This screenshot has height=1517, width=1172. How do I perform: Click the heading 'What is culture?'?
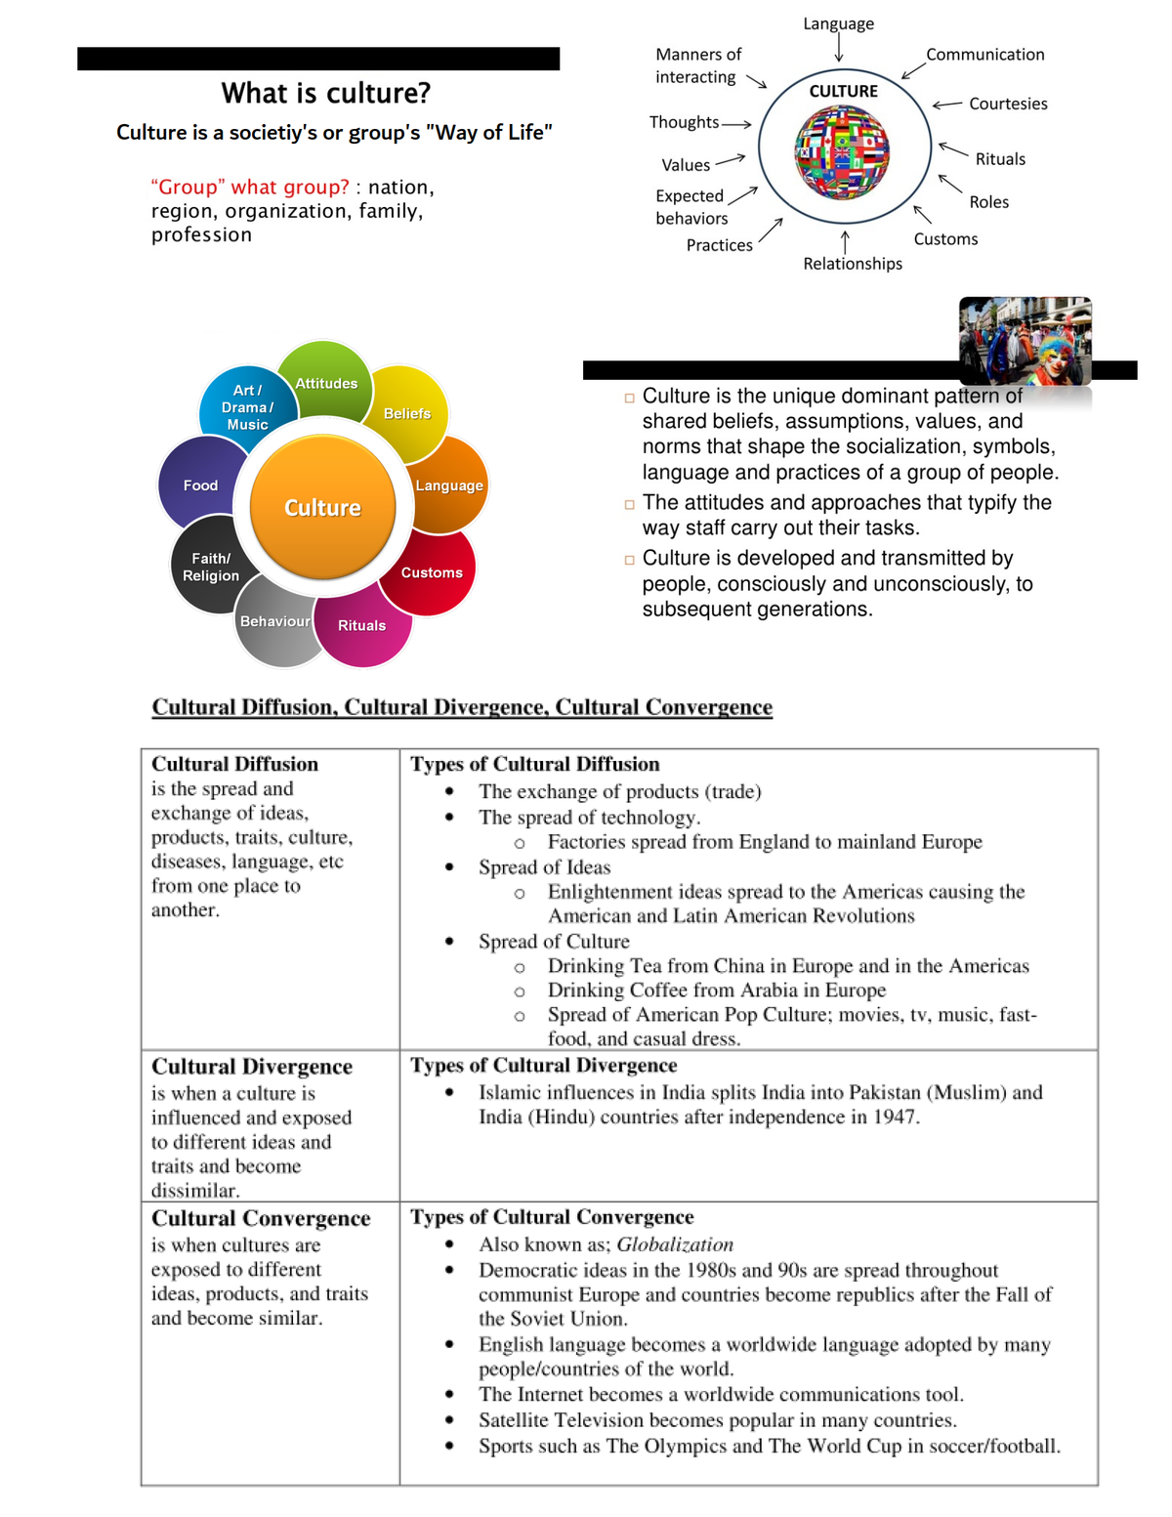pos(326,94)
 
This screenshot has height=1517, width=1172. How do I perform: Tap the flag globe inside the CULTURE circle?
pos(843,151)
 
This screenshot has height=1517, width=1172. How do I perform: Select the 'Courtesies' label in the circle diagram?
pos(1008,104)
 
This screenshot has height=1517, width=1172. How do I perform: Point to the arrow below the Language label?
pos(839,48)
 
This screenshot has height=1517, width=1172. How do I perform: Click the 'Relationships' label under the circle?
pos(853,264)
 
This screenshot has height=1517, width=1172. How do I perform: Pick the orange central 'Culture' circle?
pos(322,508)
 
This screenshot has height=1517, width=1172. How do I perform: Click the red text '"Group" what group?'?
pos(250,187)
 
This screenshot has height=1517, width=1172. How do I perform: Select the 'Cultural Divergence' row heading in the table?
pos(252,1067)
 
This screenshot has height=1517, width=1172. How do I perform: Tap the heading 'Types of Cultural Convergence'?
pos(552,1217)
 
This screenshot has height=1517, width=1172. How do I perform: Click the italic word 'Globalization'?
pos(675,1244)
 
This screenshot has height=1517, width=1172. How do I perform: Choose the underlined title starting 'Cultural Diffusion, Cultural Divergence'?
pos(462,707)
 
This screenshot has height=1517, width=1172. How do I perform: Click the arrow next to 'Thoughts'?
pos(736,124)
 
